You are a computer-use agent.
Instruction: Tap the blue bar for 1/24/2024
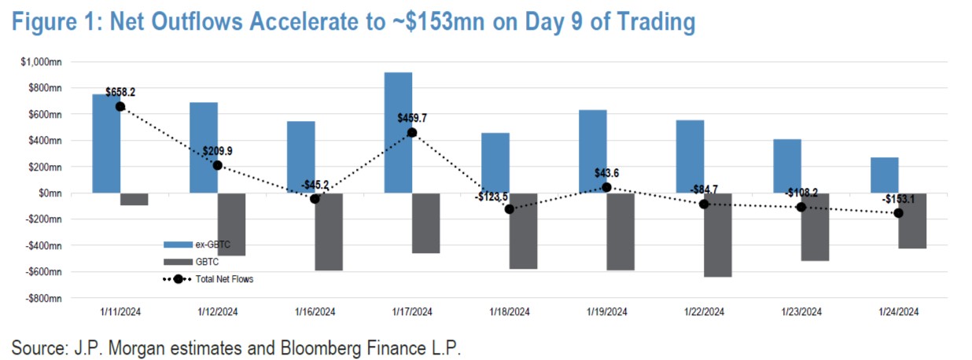(885, 175)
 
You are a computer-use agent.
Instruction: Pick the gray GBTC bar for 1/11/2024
(134, 199)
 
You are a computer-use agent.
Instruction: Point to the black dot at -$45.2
(315, 199)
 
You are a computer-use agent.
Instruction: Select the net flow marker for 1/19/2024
(606, 187)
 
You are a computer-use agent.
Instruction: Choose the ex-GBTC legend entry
(209, 244)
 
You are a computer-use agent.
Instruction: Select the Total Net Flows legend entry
(224, 278)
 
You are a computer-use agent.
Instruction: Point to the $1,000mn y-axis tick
(46, 61)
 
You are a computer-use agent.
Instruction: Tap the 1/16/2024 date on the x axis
(315, 311)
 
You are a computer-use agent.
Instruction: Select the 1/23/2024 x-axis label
(801, 311)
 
